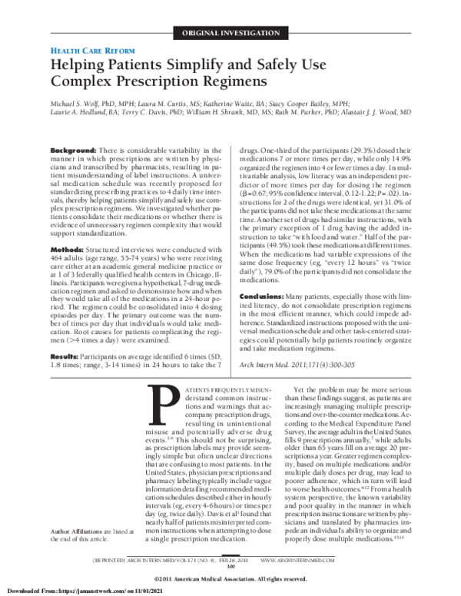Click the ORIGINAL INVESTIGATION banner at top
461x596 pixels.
click(x=230, y=33)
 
